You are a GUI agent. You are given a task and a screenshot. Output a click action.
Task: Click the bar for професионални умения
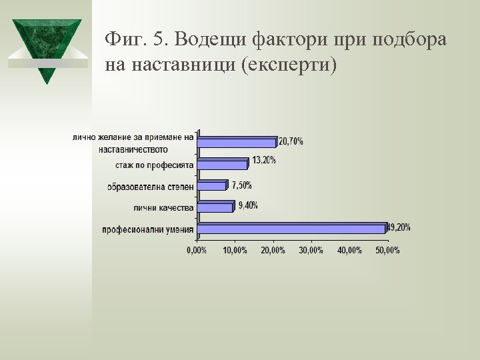point(292,229)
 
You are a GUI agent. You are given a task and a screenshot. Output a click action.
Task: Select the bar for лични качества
point(215,207)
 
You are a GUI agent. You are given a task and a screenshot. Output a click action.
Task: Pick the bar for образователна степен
point(212,186)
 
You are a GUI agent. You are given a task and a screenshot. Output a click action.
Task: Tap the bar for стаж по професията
point(223,164)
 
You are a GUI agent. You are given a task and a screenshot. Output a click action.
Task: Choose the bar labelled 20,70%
point(237,142)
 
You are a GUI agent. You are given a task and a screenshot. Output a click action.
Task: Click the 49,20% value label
point(400,227)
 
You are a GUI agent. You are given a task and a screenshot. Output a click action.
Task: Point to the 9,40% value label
point(248,205)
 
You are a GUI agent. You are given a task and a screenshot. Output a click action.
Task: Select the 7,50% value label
point(241,185)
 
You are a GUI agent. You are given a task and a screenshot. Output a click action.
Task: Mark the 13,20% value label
point(263,160)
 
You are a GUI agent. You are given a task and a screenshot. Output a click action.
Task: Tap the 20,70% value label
point(291,141)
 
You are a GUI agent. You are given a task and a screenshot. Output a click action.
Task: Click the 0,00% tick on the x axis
point(196,250)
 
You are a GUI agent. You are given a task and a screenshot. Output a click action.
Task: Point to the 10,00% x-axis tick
point(235,250)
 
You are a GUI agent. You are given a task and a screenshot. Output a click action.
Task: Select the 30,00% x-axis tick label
point(311,250)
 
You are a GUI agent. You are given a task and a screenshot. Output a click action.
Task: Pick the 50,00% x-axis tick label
point(388,250)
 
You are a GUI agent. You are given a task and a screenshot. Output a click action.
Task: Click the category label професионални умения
point(147,230)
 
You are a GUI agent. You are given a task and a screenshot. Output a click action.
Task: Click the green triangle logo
point(46,49)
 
